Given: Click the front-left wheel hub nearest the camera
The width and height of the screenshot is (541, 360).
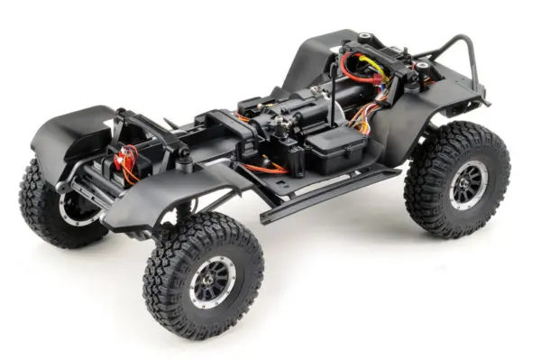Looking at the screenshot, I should tap(214, 279).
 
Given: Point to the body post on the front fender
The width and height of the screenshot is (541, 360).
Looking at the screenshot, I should tap(185, 163).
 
